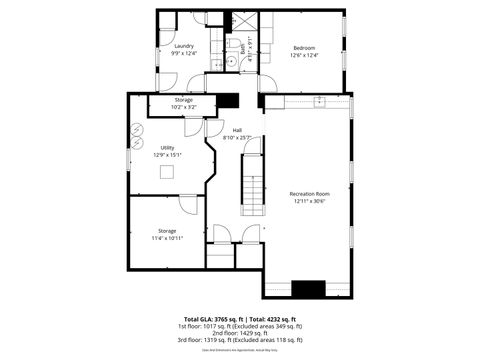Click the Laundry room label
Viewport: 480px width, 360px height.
183,46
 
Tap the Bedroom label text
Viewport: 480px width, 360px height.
304,48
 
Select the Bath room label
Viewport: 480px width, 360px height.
241,46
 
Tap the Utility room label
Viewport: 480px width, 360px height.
167,148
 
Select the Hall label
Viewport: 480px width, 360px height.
237,130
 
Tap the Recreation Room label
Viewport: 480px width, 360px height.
309,193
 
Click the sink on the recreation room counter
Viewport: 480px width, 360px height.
319,101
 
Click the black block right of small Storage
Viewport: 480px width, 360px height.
229,100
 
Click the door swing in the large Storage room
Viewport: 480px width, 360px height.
188,203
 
